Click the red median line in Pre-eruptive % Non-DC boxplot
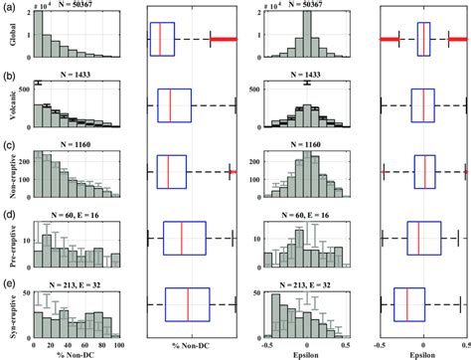(181, 238)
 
